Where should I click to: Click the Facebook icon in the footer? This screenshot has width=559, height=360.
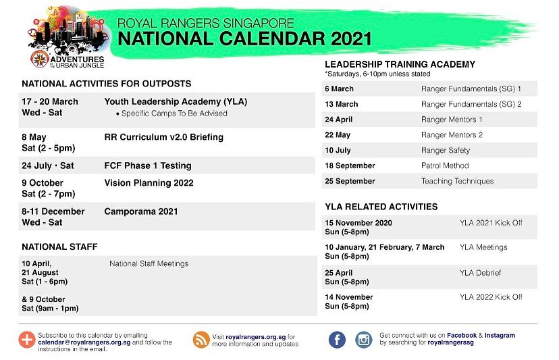pos(337,340)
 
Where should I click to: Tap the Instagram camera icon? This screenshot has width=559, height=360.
pos(364,340)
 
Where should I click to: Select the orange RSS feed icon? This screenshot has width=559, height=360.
pos(201,340)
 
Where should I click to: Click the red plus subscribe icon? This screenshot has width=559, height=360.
pos(27,340)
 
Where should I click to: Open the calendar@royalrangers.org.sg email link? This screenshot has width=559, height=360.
pos(84,342)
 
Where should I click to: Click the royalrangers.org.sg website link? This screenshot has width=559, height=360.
pos(256,337)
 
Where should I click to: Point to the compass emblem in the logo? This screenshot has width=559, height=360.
pos(40,59)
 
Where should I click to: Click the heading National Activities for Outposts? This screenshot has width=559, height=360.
pos(107,84)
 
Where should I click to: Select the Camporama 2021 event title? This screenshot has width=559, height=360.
pos(141,211)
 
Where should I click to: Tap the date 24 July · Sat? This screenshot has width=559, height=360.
pos(48,166)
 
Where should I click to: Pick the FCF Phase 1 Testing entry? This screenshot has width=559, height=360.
pos(148,166)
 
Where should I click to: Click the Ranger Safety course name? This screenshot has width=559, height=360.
pos(446,151)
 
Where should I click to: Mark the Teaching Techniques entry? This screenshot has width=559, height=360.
pos(458,181)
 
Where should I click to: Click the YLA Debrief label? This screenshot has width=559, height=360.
pos(480,273)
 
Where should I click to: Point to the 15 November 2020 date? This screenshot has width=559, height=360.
pos(358,223)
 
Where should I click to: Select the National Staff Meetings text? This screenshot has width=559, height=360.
pos(149,263)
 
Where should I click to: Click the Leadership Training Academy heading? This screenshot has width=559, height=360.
pos(400,65)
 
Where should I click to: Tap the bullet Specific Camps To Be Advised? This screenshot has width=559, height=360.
pos(172,113)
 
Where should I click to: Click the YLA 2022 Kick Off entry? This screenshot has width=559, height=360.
pos(491,297)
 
